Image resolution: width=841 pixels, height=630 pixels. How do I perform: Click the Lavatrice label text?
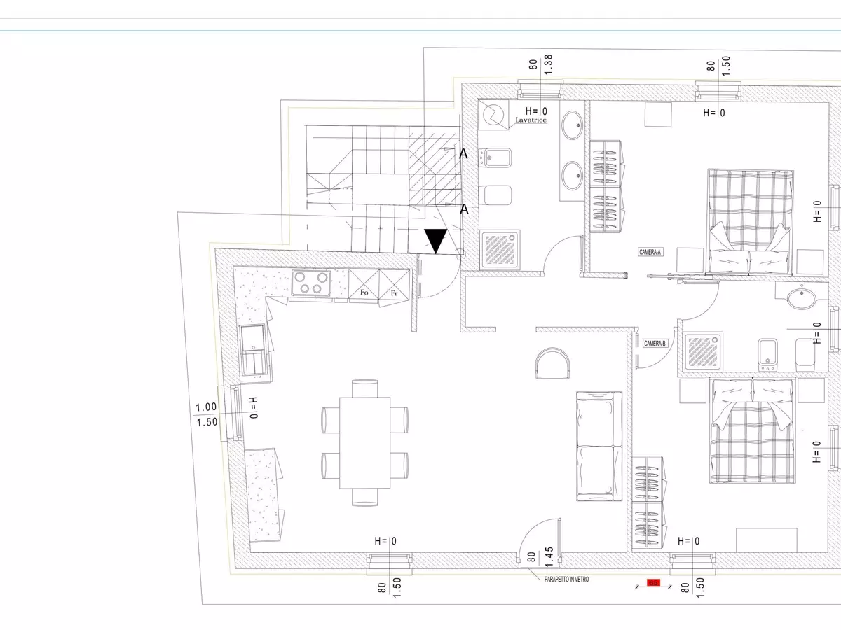point(531,120)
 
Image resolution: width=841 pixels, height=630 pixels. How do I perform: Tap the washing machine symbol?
point(495,114)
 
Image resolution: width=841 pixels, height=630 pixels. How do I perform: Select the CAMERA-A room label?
point(650,251)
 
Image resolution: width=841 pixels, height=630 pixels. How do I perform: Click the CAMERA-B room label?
point(655,343)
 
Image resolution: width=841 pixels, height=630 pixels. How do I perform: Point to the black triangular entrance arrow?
point(437,240)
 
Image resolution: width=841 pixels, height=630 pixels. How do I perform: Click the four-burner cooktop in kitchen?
point(310,283)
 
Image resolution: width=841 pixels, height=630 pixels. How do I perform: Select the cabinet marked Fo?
point(364,291)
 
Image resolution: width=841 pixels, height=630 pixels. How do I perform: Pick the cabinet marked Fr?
point(394,291)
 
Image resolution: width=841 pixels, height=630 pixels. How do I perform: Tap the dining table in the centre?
point(364,442)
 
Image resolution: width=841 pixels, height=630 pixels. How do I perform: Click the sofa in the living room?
point(599,447)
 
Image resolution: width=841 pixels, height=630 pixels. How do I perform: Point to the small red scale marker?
point(653,582)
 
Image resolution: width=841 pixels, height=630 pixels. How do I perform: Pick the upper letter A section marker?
point(463,153)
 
